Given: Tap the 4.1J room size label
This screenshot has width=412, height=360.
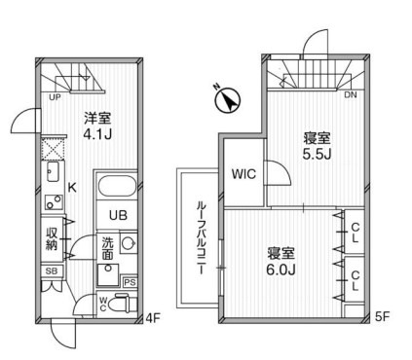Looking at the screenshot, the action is click(x=97, y=134).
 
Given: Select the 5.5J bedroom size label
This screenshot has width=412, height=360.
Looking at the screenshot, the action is click(x=317, y=154).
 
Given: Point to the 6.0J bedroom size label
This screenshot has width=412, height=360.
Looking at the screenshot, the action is click(x=281, y=270).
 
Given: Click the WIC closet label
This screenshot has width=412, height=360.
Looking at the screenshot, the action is click(x=243, y=174).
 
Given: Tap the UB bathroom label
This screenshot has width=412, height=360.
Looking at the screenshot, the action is click(x=118, y=215).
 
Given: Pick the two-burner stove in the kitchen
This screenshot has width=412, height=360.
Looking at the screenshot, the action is click(x=54, y=201).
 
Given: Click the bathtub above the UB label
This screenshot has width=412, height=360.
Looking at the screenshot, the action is click(x=117, y=186).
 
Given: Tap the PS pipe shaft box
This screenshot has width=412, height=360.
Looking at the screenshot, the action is click(x=130, y=282).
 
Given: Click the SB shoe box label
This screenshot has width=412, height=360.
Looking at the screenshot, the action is click(x=52, y=270).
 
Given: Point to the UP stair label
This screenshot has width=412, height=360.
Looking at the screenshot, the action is click(x=55, y=96).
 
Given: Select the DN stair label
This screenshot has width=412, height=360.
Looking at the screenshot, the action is click(x=351, y=95).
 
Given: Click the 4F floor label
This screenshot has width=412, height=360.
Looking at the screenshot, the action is click(x=153, y=317).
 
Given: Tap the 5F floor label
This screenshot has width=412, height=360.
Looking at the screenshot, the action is click(x=382, y=316).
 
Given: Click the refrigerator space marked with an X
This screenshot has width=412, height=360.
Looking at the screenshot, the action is click(x=53, y=148).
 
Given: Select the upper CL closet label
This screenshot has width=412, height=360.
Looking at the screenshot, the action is click(x=356, y=233).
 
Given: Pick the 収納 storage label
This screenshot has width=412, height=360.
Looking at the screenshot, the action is click(x=52, y=238).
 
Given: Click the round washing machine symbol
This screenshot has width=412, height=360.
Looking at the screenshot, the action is click(x=129, y=242).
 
